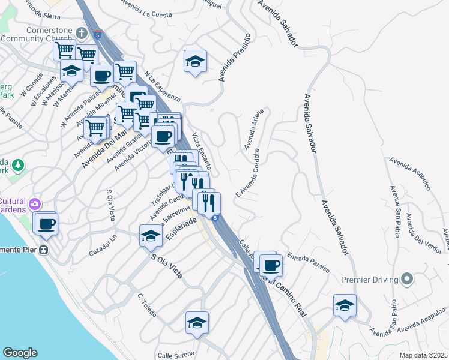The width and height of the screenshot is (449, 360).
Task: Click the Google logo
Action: pyautogui.click(x=20, y=353)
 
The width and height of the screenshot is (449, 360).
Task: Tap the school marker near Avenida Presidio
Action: pyautogui.click(x=195, y=62)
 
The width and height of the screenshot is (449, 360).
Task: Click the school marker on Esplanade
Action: pyautogui.click(x=151, y=236)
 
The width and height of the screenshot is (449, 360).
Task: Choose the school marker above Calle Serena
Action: pyautogui.click(x=197, y=323)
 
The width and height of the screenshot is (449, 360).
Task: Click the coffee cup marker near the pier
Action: pyautogui.click(x=46, y=224)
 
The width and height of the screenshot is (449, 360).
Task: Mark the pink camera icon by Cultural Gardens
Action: pyautogui.click(x=35, y=204)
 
